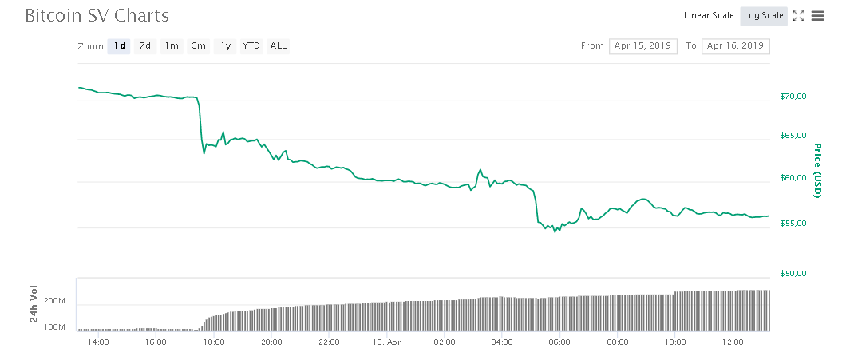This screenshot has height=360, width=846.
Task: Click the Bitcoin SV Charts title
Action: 97,16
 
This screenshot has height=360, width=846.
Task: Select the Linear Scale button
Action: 709,16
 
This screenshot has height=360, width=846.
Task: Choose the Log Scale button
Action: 764,16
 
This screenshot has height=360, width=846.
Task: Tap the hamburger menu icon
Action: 817,16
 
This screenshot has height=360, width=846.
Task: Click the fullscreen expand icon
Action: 798,16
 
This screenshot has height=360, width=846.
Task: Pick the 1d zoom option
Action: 119,46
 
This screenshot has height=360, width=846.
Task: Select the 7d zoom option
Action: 145,46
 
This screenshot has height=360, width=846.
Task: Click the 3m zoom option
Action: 198,46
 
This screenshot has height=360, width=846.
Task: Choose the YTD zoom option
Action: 251,46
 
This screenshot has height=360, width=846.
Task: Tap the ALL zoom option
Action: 279,46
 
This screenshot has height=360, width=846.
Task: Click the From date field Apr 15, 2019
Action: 643,46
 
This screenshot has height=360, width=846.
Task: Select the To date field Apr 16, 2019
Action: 735,46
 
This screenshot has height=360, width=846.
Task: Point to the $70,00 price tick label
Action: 793,97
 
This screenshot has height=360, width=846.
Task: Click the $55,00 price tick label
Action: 793,224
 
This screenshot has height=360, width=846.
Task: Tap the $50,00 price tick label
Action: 793,274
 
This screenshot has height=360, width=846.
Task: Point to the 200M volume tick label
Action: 54,301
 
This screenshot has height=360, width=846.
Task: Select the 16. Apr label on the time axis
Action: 386,342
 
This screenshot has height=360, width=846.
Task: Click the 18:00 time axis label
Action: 213,342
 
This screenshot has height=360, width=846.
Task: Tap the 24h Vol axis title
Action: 34,304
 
